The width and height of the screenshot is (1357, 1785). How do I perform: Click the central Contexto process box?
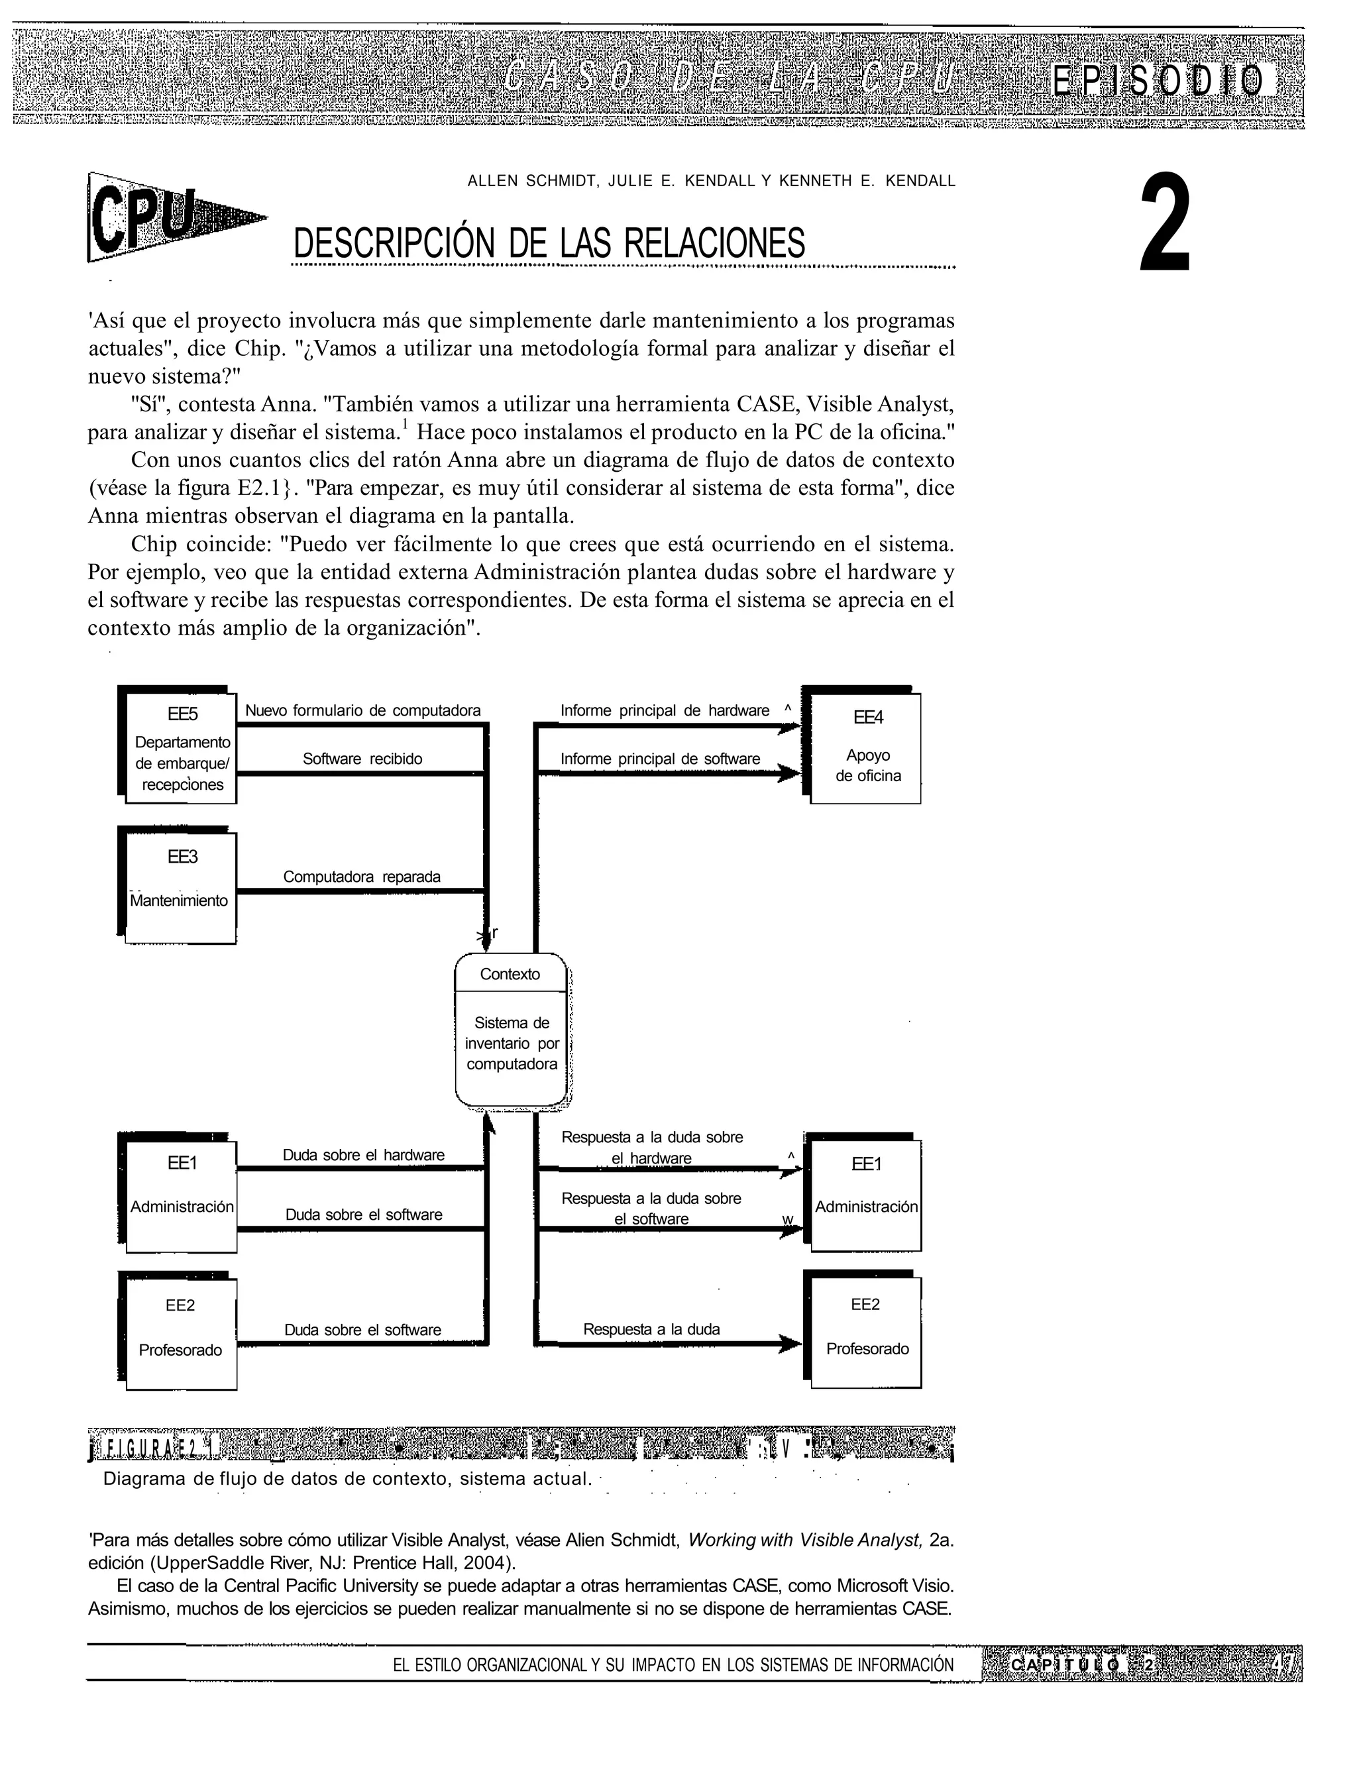pyautogui.click(x=512, y=1029)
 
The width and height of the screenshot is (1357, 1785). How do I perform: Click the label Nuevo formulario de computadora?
pyautogui.click(x=362, y=711)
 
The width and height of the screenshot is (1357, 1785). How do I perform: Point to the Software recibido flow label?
pyautogui.click(x=362, y=759)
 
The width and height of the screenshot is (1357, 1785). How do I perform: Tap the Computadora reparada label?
pyautogui.click(x=361, y=877)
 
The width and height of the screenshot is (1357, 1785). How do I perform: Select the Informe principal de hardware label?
pyautogui.click(x=665, y=711)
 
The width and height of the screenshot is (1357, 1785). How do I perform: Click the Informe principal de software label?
pyautogui.click(x=660, y=759)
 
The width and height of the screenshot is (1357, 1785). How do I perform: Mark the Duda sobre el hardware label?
pyautogui.click(x=364, y=1156)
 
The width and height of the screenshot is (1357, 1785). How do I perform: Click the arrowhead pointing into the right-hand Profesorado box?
pyautogui.click(x=790, y=1345)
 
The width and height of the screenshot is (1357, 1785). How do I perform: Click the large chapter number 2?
pyautogui.click(x=1165, y=222)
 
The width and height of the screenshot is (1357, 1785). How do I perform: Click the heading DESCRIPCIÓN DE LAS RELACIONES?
pyautogui.click(x=549, y=243)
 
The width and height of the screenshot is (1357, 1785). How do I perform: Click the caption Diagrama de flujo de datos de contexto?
pyautogui.click(x=347, y=1479)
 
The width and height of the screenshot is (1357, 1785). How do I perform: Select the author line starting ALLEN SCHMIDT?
pyautogui.click(x=711, y=181)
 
